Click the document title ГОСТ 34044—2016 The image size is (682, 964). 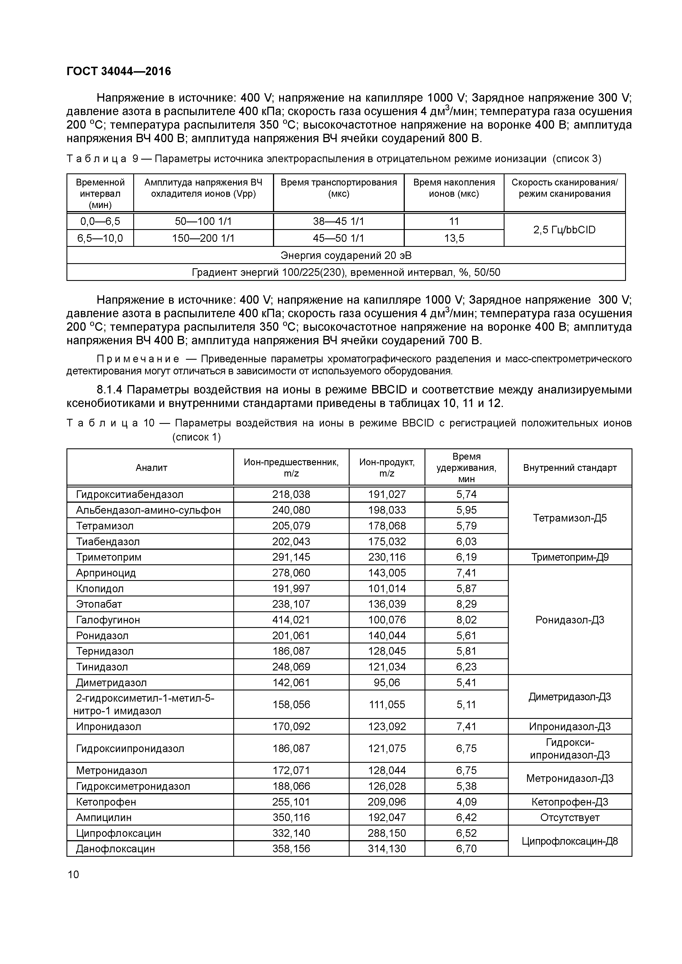(x=119, y=71)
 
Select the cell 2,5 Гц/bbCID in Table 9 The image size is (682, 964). (x=564, y=230)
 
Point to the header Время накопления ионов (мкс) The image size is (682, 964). (x=454, y=188)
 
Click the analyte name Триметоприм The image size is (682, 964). (x=108, y=557)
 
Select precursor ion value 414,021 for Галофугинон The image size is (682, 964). (x=291, y=620)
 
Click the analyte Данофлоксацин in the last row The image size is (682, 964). (x=115, y=849)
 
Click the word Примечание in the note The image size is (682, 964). (x=138, y=359)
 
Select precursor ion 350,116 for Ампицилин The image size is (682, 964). (x=291, y=817)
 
